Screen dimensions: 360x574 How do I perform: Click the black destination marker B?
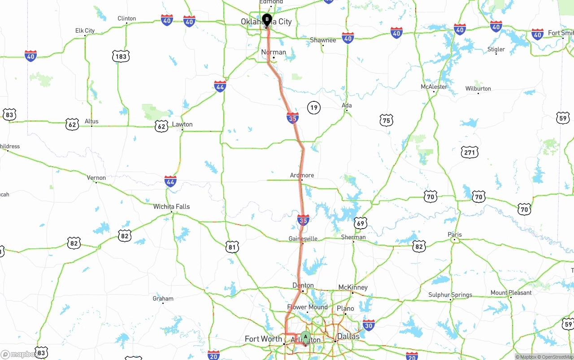[x=267, y=20]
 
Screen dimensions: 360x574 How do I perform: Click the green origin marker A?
[x=305, y=337]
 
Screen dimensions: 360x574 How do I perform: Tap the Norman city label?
[x=274, y=52]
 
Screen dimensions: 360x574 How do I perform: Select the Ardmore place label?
[x=302, y=175]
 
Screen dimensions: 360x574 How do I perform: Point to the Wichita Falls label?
[x=171, y=207]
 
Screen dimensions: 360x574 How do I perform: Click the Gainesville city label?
[x=303, y=239]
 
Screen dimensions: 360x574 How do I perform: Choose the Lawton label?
[x=182, y=124]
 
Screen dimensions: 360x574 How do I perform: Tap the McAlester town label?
[x=434, y=87]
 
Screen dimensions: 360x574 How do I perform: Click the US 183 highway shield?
[x=121, y=56]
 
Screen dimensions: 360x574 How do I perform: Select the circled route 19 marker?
[x=314, y=108]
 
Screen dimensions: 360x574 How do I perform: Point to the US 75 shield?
[x=386, y=120]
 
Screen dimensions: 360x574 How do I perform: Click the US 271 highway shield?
[x=469, y=153]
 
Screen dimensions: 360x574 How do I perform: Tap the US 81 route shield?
[x=232, y=247]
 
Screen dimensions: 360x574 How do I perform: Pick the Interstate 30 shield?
[x=369, y=325]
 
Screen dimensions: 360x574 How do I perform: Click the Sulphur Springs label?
[x=450, y=295]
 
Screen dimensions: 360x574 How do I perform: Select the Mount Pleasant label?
[x=511, y=293]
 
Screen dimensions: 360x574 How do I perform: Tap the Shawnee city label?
[x=323, y=40]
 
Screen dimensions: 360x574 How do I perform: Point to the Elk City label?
[x=85, y=31]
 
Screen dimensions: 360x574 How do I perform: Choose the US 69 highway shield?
[x=361, y=223]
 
